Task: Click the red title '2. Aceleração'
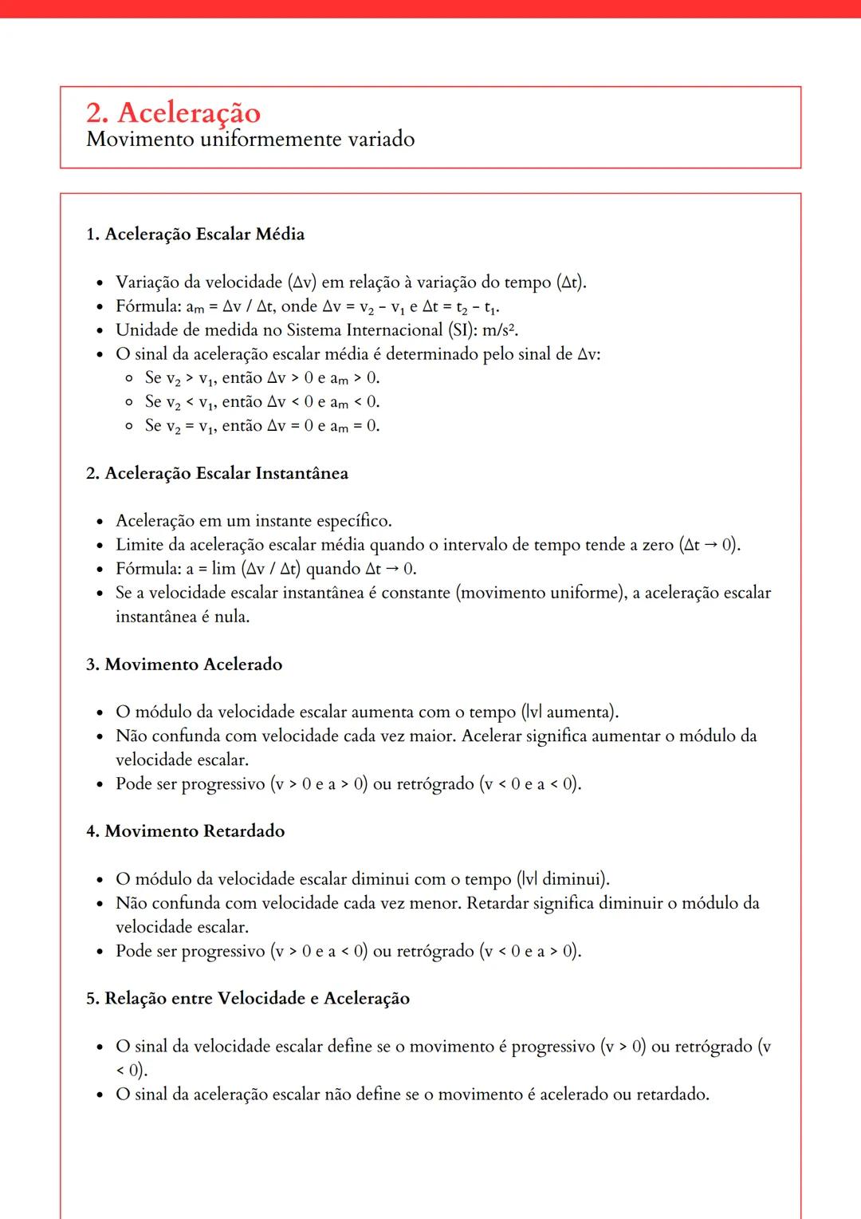coord(173,112)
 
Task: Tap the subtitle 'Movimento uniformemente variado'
coord(250,140)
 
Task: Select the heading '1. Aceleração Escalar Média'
coord(195,234)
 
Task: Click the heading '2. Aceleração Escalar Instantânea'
coord(217,473)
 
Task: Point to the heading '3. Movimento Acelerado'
coord(184,664)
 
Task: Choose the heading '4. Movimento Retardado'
coord(185,831)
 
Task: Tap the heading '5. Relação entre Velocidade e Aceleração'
coord(248,998)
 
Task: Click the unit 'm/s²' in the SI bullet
coord(500,329)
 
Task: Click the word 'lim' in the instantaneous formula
coord(223,569)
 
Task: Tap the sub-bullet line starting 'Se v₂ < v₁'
coord(262,401)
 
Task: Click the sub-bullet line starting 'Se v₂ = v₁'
coord(262,425)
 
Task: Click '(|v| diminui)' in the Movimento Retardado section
coord(563,879)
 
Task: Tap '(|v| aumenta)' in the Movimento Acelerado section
coord(570,712)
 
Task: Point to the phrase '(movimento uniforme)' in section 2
coord(541,593)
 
